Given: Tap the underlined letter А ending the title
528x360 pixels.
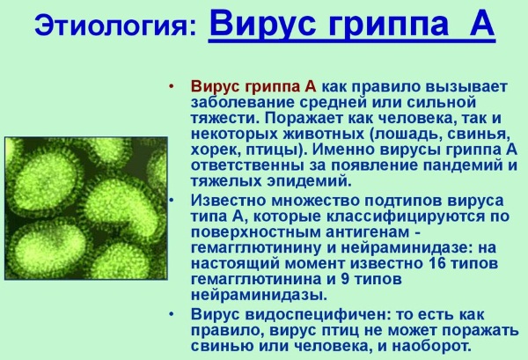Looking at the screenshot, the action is [480, 24].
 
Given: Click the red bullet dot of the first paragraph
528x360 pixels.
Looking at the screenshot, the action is [172, 86].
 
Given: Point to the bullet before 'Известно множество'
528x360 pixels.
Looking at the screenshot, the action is [172, 201].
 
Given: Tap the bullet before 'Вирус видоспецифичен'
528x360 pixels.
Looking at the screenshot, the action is [172, 314].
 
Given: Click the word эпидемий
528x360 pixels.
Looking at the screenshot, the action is [309, 181].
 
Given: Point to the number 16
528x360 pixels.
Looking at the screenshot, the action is [437, 262].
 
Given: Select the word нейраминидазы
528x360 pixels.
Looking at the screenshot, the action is [259, 295].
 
